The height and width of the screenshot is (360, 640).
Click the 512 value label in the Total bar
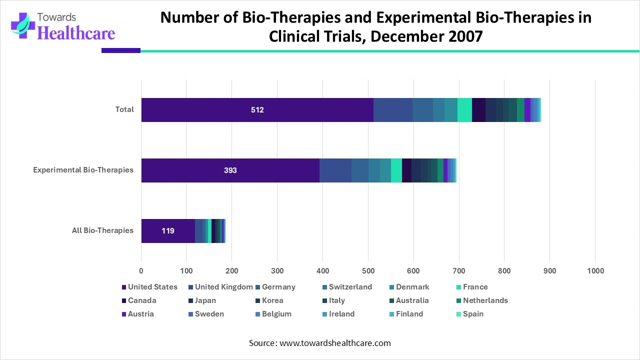pyautogui.click(x=257, y=110)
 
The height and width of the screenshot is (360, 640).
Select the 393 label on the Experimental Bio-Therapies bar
pyautogui.click(x=230, y=170)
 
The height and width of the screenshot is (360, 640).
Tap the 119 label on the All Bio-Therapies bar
pyautogui.click(x=168, y=231)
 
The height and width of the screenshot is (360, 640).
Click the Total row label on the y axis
pyautogui.click(x=124, y=109)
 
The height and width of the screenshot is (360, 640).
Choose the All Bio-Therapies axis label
pyautogui.click(x=102, y=230)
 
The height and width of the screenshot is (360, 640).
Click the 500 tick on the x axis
pyautogui.click(x=368, y=271)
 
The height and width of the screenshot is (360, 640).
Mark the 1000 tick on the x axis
pyautogui.click(x=594, y=271)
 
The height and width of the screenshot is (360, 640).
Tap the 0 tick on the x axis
pyautogui.click(x=141, y=271)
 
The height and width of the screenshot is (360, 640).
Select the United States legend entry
pyautogui.click(x=152, y=287)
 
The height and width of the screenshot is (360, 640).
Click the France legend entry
pyautogui.click(x=475, y=287)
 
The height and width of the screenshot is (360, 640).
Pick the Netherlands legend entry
pyautogui.click(x=485, y=300)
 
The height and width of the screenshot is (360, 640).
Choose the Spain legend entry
pyautogui.click(x=473, y=314)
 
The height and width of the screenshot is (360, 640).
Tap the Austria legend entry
pyautogui.click(x=140, y=314)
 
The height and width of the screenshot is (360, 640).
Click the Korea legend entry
pyautogui.click(x=272, y=300)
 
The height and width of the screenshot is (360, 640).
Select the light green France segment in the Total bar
pyautogui.click(x=464, y=110)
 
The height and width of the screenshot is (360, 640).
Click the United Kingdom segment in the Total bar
pyautogui.click(x=392, y=110)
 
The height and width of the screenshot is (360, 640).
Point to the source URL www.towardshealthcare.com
pyautogui.click(x=335, y=343)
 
